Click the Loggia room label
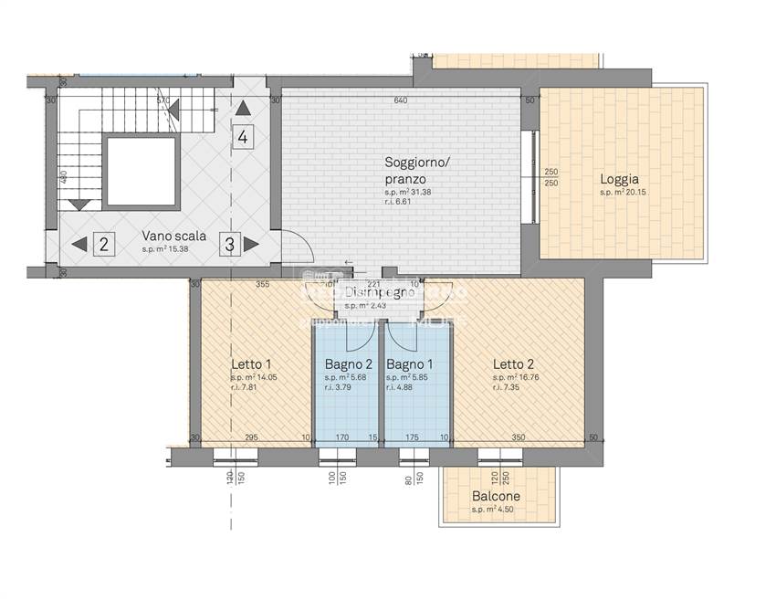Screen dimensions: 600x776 coord(619,180)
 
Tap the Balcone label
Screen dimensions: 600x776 coord(496,497)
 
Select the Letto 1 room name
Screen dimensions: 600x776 coord(251,364)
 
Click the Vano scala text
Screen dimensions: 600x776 coord(173,236)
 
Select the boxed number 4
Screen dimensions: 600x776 coord(242,138)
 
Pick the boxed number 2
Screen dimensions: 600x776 coord(104,244)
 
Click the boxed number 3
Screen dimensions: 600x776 coord(229,244)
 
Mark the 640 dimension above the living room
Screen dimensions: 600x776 coord(400,100)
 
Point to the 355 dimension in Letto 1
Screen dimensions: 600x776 coord(262,285)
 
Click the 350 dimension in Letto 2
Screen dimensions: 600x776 coord(519,438)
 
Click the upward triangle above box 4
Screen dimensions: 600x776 coord(242,109)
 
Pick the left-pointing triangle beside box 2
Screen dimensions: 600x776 coord(79,244)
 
